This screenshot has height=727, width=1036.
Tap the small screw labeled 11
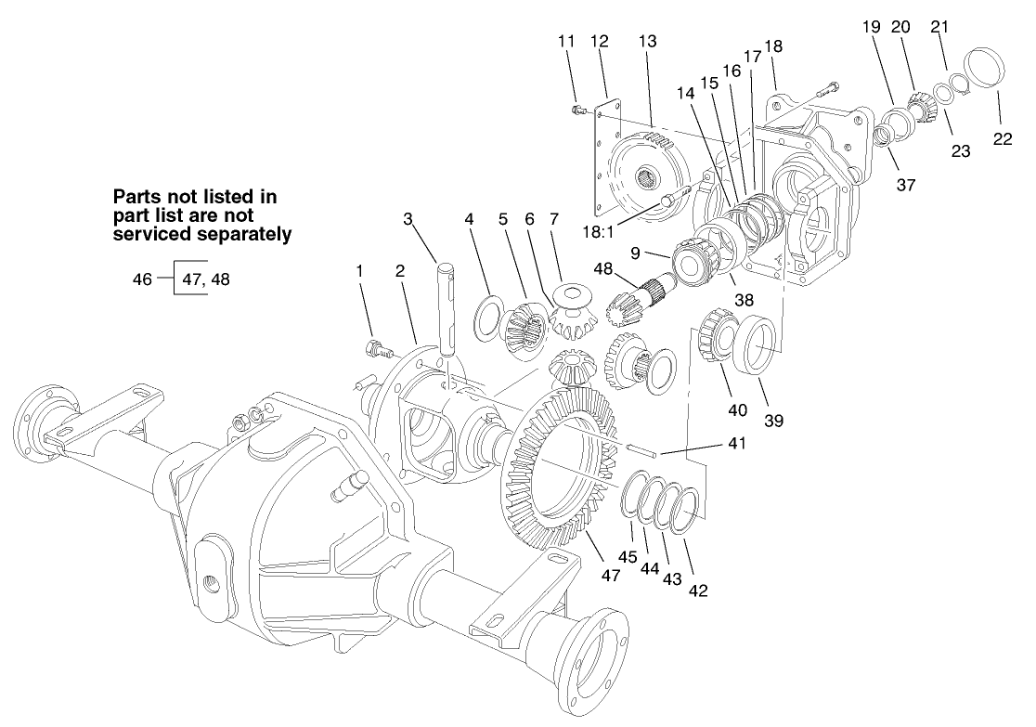pyautogui.click(x=578, y=111)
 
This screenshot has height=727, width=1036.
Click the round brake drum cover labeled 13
pyautogui.click(x=641, y=176)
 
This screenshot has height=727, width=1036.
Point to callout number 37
pyautogui.click(x=906, y=185)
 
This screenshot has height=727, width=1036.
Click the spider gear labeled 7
pyautogui.click(x=572, y=303)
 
